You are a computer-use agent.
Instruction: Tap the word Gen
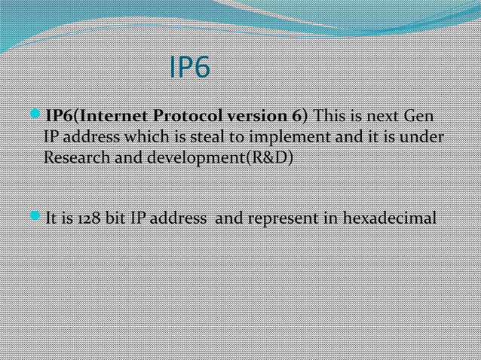pyautogui.click(x=419, y=117)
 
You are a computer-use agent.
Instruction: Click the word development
pyautogui.click(x=188, y=160)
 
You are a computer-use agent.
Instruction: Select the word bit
pyautogui.click(x=116, y=220)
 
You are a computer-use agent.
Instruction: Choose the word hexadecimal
pyautogui.click(x=390, y=220)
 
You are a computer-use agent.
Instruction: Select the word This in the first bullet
pyautogui.click(x=329, y=117)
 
